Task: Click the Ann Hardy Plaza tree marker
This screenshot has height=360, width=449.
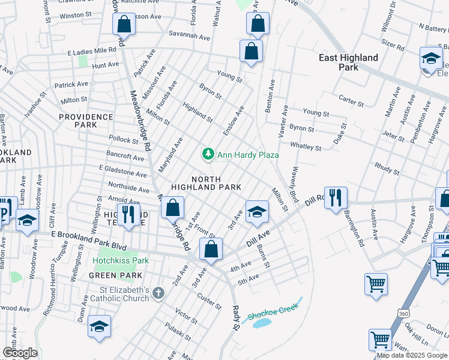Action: click(208, 155)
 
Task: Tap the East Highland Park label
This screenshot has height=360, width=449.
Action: click(349, 62)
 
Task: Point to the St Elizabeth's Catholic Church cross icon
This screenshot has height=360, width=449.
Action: click(158, 293)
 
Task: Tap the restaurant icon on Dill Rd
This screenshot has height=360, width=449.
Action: click(336, 198)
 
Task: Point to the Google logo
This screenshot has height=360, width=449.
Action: click(20, 353)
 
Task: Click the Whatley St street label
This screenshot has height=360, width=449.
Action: click(306, 146)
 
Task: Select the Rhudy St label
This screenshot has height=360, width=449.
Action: click(387, 167)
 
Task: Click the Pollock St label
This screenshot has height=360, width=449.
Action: click(123, 140)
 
